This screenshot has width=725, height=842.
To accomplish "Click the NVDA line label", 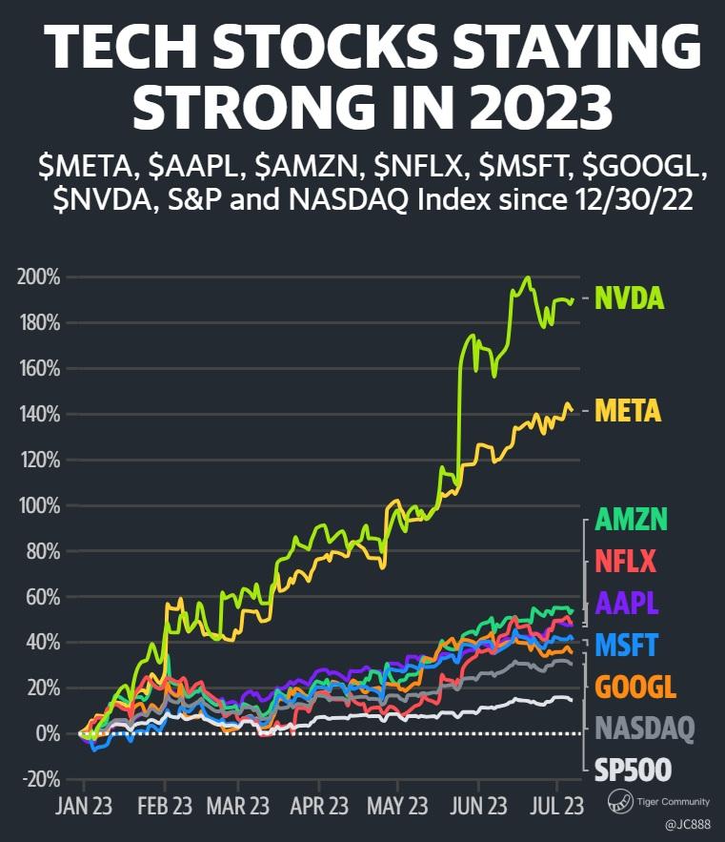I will (629, 298).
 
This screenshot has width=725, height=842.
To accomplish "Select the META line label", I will (628, 411).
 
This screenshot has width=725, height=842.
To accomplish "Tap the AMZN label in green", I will (631, 520).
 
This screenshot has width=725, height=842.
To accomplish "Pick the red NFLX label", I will (625, 561).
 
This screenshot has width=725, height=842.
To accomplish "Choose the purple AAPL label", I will (627, 603).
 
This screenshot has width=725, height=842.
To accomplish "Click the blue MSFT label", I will (626, 645).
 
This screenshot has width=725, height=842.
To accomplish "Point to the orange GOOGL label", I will (634, 687).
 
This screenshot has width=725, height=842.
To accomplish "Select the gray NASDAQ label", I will (644, 729).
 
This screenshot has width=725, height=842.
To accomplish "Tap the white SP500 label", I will (633, 770).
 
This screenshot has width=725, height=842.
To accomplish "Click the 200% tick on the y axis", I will (38, 277).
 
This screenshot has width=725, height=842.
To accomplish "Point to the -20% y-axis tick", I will (38, 779).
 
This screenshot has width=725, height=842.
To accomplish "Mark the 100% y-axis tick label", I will (38, 505).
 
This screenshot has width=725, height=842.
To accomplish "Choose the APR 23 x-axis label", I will (319, 807).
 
